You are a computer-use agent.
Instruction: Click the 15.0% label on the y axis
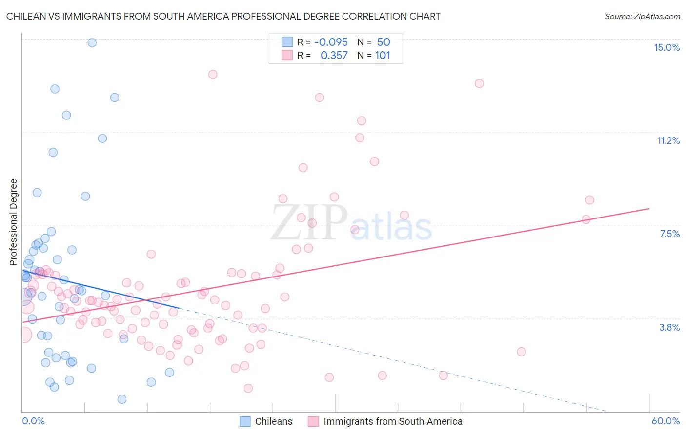pos(666,47)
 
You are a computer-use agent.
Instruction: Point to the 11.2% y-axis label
pos(668,140)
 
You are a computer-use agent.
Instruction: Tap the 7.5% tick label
pos(669,234)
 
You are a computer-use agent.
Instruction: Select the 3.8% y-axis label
pos(669,327)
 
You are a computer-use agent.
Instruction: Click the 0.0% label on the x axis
pos(33,421)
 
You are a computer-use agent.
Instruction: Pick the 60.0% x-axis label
pos(666,421)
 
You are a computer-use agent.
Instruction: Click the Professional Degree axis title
pos(13,222)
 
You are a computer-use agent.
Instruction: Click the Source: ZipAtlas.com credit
pos(642,16)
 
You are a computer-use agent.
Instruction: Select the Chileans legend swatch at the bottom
pos(245,421)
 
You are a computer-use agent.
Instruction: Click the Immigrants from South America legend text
pos(392,421)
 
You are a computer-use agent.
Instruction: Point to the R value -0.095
pos(331,42)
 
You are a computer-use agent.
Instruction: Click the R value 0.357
pos(334,56)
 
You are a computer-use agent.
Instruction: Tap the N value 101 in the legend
pos(383,56)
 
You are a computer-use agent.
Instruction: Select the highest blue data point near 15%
pos(92,42)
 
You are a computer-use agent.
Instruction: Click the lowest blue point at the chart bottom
pos(122,399)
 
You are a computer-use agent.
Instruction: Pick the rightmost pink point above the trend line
pos(589,200)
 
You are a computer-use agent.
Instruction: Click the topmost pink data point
pos(213,74)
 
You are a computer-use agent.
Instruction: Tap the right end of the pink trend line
pos(649,208)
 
